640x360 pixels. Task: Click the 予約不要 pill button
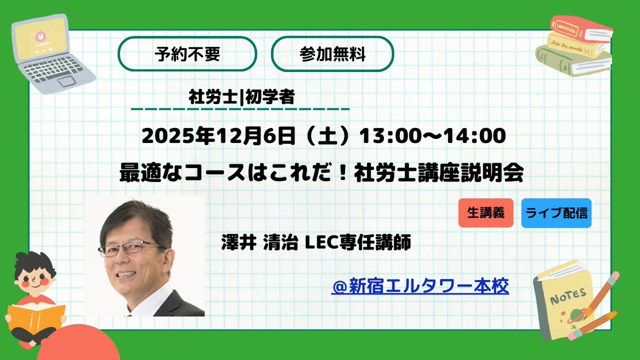tap(187, 54)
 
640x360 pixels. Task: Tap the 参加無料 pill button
tap(332, 54)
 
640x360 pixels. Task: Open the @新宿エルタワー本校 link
tap(420, 287)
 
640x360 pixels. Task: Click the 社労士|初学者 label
tap(242, 98)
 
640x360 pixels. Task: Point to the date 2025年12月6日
tap(218, 136)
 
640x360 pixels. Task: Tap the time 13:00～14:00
tap(432, 136)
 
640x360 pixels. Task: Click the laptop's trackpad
tap(68, 82)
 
